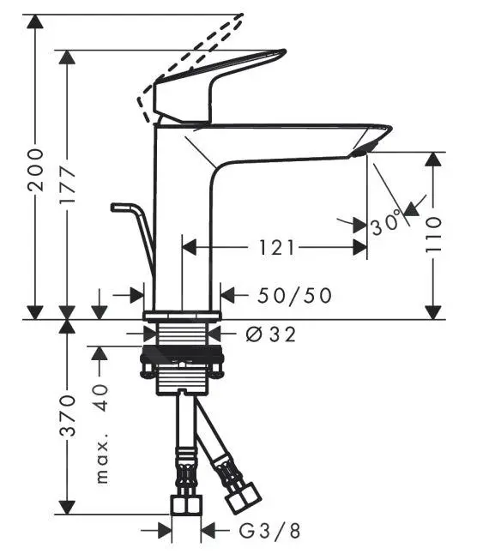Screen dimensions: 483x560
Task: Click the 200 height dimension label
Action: pos(36,170)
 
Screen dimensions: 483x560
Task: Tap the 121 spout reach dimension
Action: pos(277,248)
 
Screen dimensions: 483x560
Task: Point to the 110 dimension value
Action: pos(433,235)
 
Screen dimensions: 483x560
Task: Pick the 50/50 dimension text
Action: pos(295,295)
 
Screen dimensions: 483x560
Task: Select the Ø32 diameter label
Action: pos(271,334)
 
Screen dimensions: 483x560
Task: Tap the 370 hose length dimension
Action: pos(68,415)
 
